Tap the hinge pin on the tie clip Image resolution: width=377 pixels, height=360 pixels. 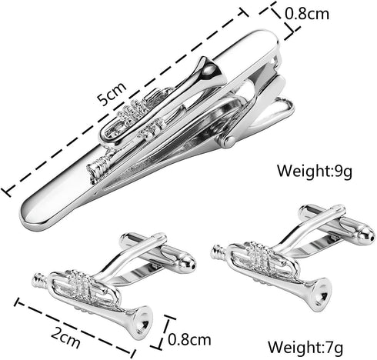tap(229, 141)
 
